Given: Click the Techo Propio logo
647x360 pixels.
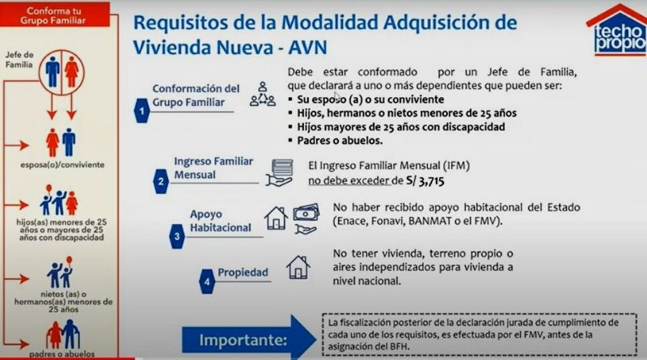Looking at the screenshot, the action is pyautogui.click(x=616, y=30).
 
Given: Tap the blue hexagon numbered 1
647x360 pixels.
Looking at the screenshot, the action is pyautogui.click(x=142, y=111).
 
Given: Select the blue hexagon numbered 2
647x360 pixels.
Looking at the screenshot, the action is pyautogui.click(x=160, y=181).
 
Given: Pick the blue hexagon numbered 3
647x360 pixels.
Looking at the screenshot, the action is pyautogui.click(x=176, y=236).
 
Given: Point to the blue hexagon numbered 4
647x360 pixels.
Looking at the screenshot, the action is pyautogui.click(x=207, y=282).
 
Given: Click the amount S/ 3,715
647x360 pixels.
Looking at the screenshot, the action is pyautogui.click(x=425, y=181).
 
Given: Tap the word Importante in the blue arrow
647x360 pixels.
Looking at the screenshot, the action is pyautogui.click(x=243, y=341).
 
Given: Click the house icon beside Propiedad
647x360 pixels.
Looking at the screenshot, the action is pyautogui.click(x=298, y=267).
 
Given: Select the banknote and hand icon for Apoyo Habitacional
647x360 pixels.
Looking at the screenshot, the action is pyautogui.click(x=306, y=218).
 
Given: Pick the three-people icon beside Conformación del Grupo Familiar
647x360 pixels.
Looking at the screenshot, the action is pyautogui.click(x=262, y=94).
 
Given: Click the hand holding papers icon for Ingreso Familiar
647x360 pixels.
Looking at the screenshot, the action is pyautogui.click(x=280, y=172).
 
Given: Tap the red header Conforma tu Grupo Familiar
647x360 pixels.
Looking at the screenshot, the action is pyautogui.click(x=53, y=15).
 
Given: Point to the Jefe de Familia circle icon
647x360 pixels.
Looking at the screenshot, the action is pyautogui.click(x=61, y=72).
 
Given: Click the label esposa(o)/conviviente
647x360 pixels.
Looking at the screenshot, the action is pyautogui.click(x=62, y=165).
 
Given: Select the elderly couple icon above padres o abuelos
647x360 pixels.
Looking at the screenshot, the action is pyautogui.click(x=63, y=334).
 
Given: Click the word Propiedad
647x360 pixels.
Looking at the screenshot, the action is pyautogui.click(x=243, y=273).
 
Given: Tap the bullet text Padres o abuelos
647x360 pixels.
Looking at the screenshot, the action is pyautogui.click(x=340, y=141).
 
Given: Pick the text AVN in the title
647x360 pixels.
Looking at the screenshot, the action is pyautogui.click(x=307, y=48).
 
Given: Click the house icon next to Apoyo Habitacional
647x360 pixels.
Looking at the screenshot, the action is pyautogui.click(x=276, y=218).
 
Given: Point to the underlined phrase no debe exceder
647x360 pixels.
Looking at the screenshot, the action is pyautogui.click(x=349, y=181).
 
